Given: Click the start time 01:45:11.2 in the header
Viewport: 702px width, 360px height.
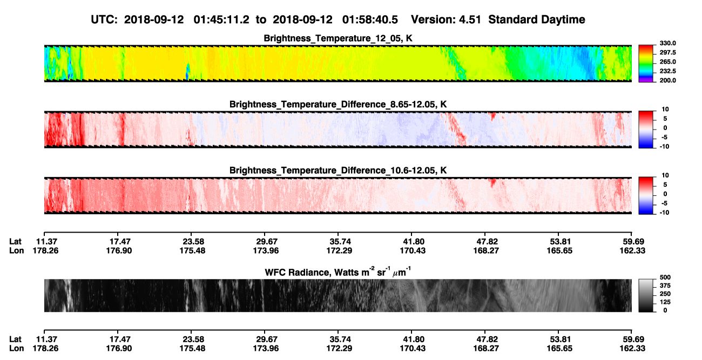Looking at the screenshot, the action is pos(221,19).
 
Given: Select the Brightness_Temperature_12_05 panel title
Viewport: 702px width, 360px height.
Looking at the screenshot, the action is pos(338,38).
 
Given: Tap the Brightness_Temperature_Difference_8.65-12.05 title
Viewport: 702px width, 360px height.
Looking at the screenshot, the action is pos(338,104).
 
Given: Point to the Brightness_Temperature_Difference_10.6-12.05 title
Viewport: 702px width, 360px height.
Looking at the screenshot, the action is pos(338,171).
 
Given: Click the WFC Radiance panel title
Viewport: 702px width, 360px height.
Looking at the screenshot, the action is pos(338,272).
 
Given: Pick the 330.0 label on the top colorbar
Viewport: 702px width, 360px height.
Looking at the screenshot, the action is pos(667,43).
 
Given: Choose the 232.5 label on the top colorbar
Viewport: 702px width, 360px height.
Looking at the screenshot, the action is pos(667,71).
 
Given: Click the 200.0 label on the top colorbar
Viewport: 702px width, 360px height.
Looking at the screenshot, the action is pos(667,80).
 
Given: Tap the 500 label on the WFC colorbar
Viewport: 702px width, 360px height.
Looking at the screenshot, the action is pos(665,277).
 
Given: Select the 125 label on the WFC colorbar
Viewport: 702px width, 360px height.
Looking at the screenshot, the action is pos(665,302).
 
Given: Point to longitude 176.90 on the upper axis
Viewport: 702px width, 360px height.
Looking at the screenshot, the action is pos(119,250).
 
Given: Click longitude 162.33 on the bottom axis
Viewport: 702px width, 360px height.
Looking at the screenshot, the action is pos(632,349).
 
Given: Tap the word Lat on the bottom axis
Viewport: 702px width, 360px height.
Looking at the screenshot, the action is pos(15,339).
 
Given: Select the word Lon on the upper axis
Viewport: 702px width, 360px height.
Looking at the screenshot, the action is pos(17,250).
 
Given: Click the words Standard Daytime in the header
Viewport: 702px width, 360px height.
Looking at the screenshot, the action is pos(537,19).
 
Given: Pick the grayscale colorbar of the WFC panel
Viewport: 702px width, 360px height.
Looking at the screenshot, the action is pos(646,295).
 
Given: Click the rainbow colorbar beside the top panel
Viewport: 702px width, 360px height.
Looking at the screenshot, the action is pos(646,64).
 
